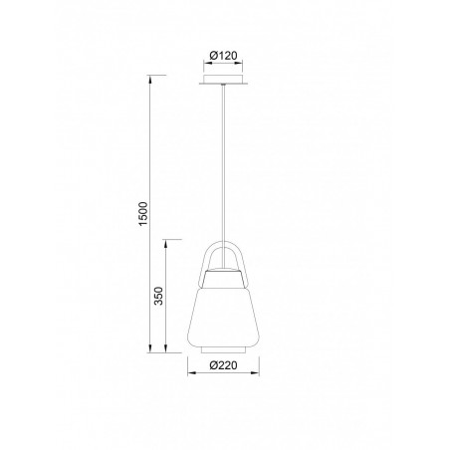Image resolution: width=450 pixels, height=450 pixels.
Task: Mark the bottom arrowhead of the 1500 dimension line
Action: pyautogui.click(x=152, y=349)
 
